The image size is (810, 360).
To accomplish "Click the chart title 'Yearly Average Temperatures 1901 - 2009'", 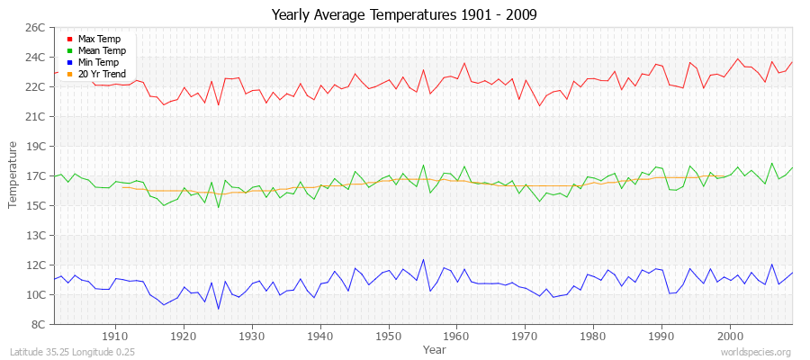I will pyautogui.click(x=404, y=15).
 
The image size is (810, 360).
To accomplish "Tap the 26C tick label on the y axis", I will pyautogui.click(x=34, y=28).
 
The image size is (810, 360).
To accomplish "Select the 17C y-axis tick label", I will pyautogui.click(x=34, y=176).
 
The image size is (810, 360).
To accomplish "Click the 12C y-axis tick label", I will pyautogui.click(x=34, y=265).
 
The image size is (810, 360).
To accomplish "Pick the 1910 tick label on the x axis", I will pyautogui.click(x=115, y=336).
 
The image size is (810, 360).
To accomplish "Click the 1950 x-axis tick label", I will pyautogui.click(x=388, y=336).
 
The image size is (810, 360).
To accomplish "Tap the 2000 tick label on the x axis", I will pyautogui.click(x=730, y=336).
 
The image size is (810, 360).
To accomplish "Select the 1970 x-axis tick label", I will pyautogui.click(x=525, y=336).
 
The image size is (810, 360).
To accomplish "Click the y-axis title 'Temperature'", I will pyautogui.click(x=13, y=175).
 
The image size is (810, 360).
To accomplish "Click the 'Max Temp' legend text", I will pyautogui.click(x=99, y=39).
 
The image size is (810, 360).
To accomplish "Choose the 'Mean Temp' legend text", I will pyautogui.click(x=102, y=50).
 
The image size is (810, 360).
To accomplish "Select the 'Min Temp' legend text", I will pyautogui.click(x=98, y=62).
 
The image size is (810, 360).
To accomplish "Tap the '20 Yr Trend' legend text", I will pyautogui.click(x=102, y=74).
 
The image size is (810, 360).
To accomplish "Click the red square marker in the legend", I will pyautogui.click(x=69, y=40).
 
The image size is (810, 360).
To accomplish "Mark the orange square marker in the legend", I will pyautogui.click(x=69, y=75).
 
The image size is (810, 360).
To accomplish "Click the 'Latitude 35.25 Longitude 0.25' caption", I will pyautogui.click(x=72, y=352).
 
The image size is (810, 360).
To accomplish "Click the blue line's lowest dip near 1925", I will pyautogui.click(x=218, y=309).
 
